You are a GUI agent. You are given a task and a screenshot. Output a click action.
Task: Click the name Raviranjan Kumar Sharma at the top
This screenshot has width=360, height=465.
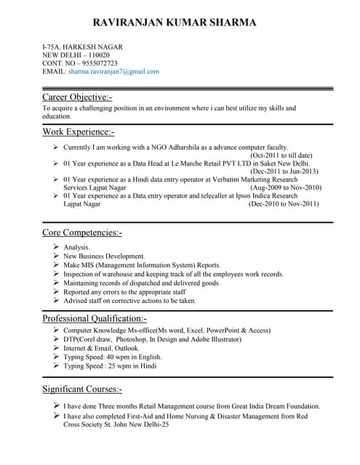click(180, 23)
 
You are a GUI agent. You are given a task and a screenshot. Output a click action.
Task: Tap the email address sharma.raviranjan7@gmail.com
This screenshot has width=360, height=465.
click(113, 71)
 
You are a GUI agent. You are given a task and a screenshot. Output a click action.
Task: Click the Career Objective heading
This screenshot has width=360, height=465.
click(77, 97)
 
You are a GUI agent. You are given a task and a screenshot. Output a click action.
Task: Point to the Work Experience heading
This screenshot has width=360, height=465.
click(78, 132)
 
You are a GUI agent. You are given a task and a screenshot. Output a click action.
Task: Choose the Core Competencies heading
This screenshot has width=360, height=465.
click(82, 232)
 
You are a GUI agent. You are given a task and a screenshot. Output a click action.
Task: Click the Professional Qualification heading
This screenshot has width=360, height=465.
click(95, 318)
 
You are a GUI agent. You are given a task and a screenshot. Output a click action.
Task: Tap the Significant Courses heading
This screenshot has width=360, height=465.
click(82, 389)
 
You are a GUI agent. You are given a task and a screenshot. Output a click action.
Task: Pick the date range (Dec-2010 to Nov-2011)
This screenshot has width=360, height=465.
click(284, 204)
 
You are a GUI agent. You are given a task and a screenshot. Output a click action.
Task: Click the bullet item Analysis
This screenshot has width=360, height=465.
click(76, 248)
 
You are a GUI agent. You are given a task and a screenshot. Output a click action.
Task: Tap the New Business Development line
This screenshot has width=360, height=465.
click(104, 256)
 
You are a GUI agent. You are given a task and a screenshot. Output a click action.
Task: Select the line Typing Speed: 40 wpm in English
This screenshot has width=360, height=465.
click(113, 357)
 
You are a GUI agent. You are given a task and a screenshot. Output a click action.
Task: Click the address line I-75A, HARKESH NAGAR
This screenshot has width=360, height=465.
click(82, 47)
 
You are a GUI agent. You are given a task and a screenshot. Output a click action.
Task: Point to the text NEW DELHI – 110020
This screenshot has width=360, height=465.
click(76, 55)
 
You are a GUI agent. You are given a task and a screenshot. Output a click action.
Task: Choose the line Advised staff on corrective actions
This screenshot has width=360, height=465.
click(129, 300)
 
